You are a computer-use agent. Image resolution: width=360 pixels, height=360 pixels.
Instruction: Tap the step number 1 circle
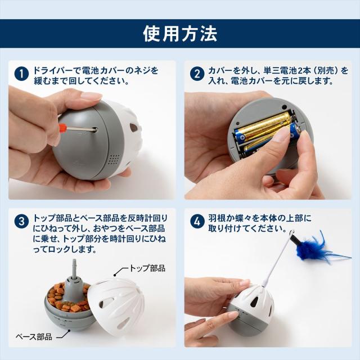point(21,74)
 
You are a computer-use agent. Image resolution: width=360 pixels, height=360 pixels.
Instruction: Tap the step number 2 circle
point(197,74)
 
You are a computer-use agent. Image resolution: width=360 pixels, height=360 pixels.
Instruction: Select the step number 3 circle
point(21,222)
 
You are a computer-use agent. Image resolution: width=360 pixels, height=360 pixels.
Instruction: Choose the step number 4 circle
point(197,222)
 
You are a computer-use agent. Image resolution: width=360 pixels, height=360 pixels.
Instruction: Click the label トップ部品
point(148,268)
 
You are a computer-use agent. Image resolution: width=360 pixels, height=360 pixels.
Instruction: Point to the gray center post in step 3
point(71,281)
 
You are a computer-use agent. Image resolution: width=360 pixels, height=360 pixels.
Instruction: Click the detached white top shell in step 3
point(115,309)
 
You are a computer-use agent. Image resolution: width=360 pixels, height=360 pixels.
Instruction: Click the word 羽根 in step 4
point(215,217)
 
